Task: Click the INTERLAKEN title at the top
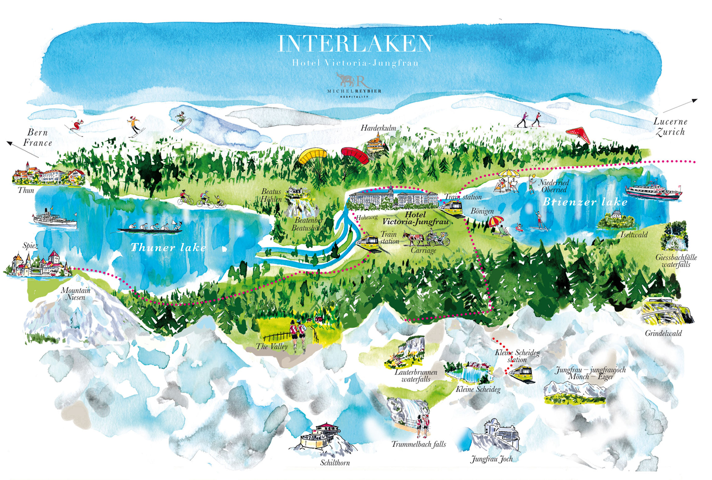pos(355,44)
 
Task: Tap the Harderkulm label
pos(378,128)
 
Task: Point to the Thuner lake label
pos(168,248)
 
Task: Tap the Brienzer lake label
pos(585,202)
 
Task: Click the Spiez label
pos(30,246)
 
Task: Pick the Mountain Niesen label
pos(75,294)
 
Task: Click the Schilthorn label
pos(335,463)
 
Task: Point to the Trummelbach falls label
pos(418,444)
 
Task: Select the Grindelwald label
pos(663,333)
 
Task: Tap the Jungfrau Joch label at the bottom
pos(491,459)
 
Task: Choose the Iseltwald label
pos(634,235)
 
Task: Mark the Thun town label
pos(26,190)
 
